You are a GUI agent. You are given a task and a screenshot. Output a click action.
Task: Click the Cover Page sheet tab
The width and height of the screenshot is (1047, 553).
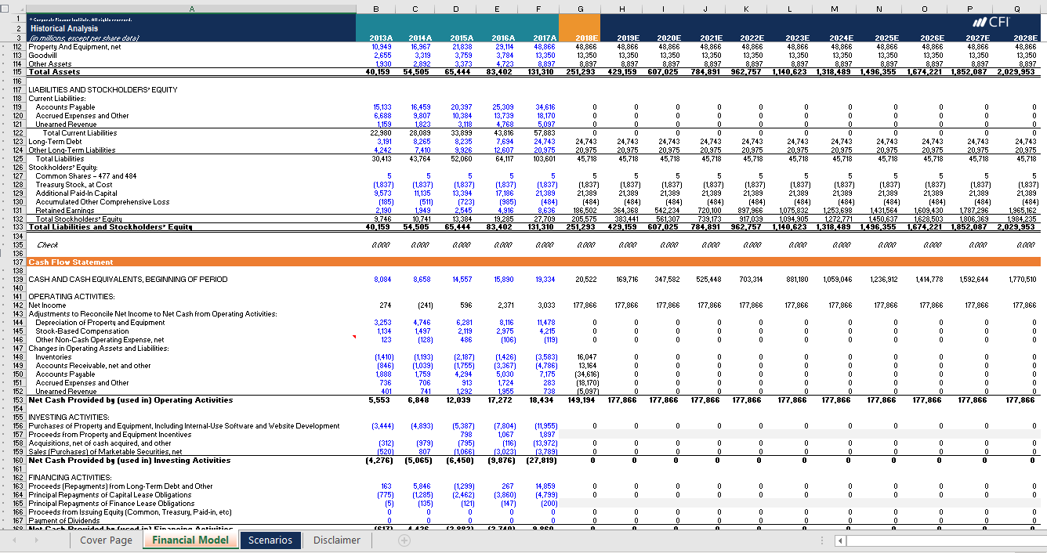tap(107, 540)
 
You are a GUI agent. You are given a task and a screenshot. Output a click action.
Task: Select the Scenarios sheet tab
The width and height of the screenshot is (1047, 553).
tap(270, 540)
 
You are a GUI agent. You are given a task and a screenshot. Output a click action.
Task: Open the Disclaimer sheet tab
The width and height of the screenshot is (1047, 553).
tap(338, 540)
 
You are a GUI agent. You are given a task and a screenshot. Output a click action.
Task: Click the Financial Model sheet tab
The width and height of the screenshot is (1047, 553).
tap(190, 540)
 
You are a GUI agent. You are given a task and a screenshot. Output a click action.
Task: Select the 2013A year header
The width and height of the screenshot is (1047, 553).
tap(381, 38)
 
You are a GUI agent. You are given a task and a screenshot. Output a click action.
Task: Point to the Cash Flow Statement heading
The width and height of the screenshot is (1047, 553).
tap(71, 262)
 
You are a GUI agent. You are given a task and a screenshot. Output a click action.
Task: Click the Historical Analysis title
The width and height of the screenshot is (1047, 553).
tap(64, 28)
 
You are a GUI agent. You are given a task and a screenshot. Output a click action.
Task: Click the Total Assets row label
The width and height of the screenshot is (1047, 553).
tap(54, 72)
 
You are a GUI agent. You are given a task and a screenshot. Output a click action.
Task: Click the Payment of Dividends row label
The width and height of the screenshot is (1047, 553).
tap(67, 521)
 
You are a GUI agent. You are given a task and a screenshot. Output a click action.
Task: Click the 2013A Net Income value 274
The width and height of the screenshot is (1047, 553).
tap(385, 305)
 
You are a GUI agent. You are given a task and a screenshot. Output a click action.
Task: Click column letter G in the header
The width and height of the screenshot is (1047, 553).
tap(580, 9)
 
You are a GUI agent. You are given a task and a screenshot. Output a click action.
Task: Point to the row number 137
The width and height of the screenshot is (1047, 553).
tap(17, 262)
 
